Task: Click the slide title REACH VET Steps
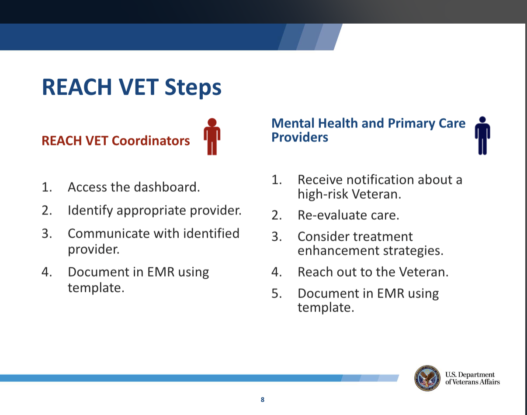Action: pyautogui.click(x=132, y=87)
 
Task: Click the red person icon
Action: pyautogui.click(x=212, y=136)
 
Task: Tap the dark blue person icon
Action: pyautogui.click(x=482, y=135)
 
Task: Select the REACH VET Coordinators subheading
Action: pyautogui.click(x=116, y=141)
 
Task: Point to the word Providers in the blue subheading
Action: pyautogui.click(x=299, y=137)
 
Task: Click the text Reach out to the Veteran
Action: pyautogui.click(x=373, y=272)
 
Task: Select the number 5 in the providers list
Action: pyautogui.click(x=275, y=293)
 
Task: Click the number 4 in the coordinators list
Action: pyautogui.click(x=46, y=272)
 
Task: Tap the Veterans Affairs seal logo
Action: pyautogui.click(x=427, y=378)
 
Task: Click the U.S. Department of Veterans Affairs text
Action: pyautogui.click(x=472, y=378)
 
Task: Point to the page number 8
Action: pyautogui.click(x=262, y=399)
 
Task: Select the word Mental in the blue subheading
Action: pyautogui.click(x=292, y=124)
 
